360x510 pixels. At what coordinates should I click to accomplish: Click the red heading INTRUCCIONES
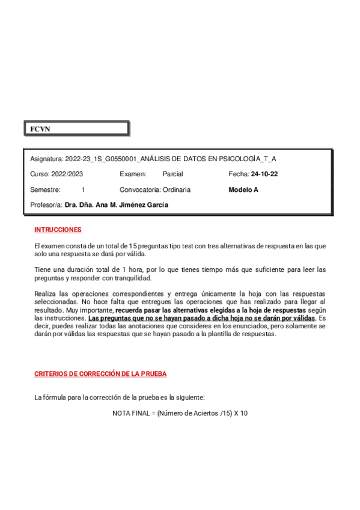pyautogui.click(x=58, y=230)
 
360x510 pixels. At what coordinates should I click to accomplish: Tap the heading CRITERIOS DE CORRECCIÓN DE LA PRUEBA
pyautogui.click(x=100, y=373)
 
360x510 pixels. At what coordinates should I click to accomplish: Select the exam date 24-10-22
pyautogui.click(x=264, y=174)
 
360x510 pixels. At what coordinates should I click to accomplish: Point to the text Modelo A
pyautogui.click(x=243, y=189)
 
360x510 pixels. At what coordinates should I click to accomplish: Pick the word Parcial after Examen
pyautogui.click(x=173, y=174)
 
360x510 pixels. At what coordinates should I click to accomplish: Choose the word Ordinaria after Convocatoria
pyautogui.click(x=176, y=189)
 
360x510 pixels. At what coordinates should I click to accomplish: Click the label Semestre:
pyautogui.click(x=45, y=189)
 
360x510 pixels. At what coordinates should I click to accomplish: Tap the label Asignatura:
pyautogui.click(x=46, y=159)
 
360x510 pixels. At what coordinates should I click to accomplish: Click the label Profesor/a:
pyautogui.click(x=46, y=204)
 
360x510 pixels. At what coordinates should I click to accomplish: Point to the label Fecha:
pyautogui.click(x=239, y=174)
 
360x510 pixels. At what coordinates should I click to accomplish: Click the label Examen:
pyautogui.click(x=133, y=174)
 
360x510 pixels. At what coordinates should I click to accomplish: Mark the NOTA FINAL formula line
pyautogui.click(x=180, y=413)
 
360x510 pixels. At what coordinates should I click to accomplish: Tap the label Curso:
pyautogui.click(x=40, y=174)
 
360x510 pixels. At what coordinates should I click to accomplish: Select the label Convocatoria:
pyautogui.click(x=140, y=189)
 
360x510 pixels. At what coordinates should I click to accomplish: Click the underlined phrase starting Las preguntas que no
pyautogui.click(x=201, y=318)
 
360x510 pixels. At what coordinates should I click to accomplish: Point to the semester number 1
pyautogui.click(x=84, y=189)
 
